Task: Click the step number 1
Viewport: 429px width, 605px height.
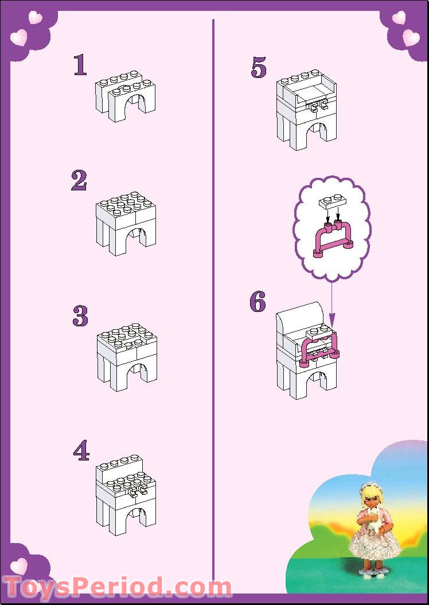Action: coord(80,65)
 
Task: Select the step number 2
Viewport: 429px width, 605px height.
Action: coord(79,181)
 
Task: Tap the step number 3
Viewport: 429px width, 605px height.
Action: coord(80,315)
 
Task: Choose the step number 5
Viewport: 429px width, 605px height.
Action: coord(259,68)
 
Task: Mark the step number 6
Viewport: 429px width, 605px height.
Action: coord(258,302)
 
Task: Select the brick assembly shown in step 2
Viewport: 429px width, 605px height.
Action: coord(126,224)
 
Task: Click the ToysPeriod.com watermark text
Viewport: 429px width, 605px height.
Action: coord(118,587)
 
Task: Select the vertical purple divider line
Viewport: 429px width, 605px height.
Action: coord(213,287)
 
